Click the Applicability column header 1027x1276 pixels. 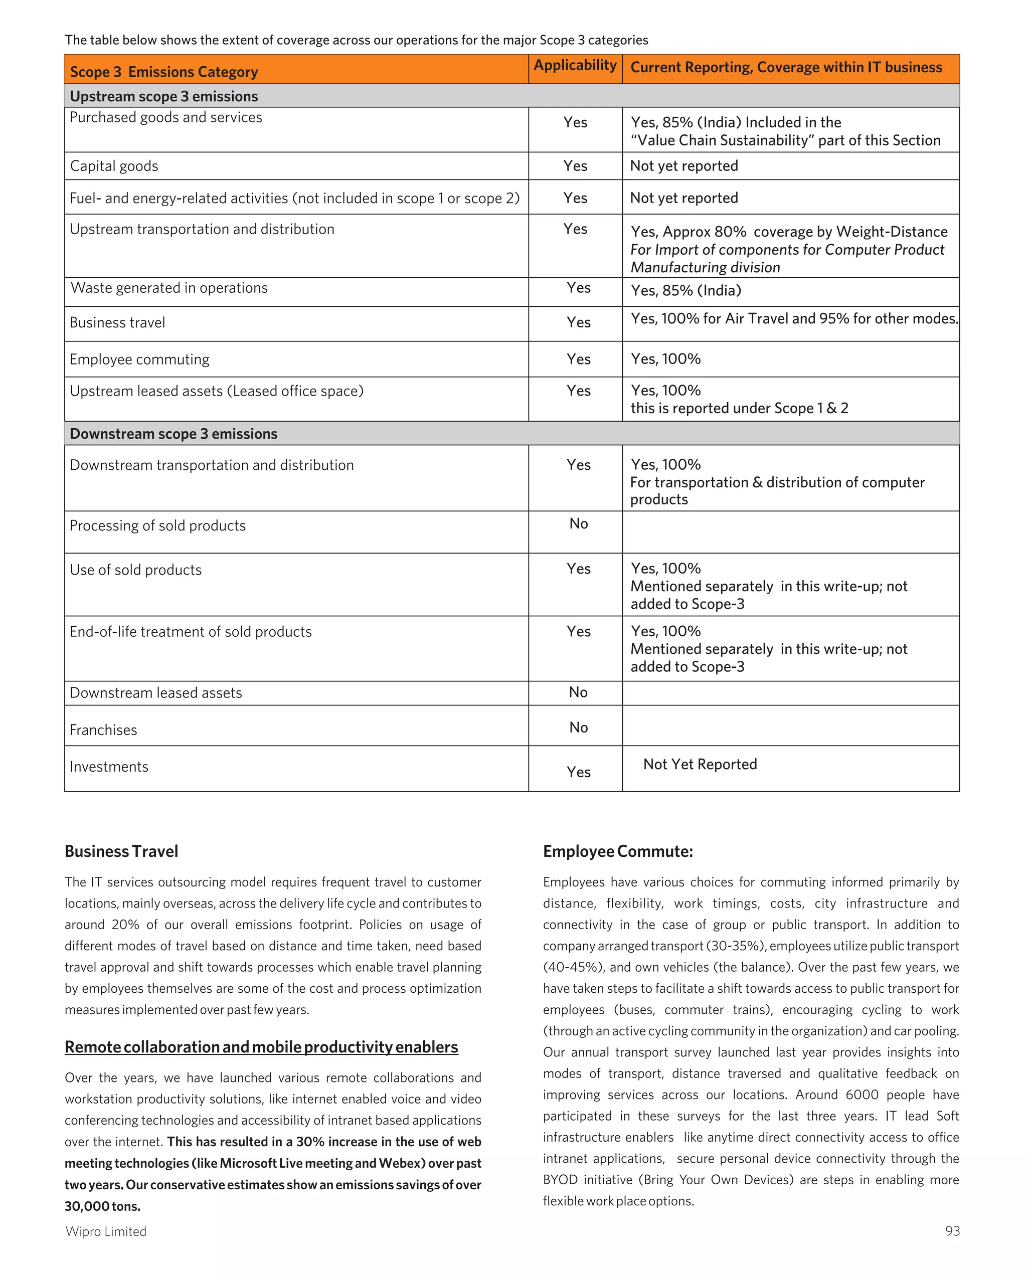coord(575,65)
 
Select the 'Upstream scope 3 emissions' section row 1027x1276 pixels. coord(164,96)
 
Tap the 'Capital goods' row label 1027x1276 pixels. coord(114,166)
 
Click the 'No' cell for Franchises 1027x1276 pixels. coord(578,727)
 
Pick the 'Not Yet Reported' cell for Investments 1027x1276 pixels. coord(700,764)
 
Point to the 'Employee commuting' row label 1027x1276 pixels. coord(140,359)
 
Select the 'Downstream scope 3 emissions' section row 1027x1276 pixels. coord(174,434)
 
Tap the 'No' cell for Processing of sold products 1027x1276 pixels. coord(578,524)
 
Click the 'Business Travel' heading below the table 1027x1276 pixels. coord(121,851)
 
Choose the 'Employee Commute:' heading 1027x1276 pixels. coord(617,851)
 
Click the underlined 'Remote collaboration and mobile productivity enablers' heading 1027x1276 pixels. coord(261,1047)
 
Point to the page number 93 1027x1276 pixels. coord(952,1231)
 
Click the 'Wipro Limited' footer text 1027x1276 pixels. coord(106,1231)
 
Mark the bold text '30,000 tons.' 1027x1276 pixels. coord(102,1206)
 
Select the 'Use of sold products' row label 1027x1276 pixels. coord(135,570)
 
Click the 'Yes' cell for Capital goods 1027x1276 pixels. coord(575,166)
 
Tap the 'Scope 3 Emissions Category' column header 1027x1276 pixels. coord(164,72)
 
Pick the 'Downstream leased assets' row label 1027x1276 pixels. coord(155,693)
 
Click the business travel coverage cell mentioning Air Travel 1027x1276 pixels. coord(793,319)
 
